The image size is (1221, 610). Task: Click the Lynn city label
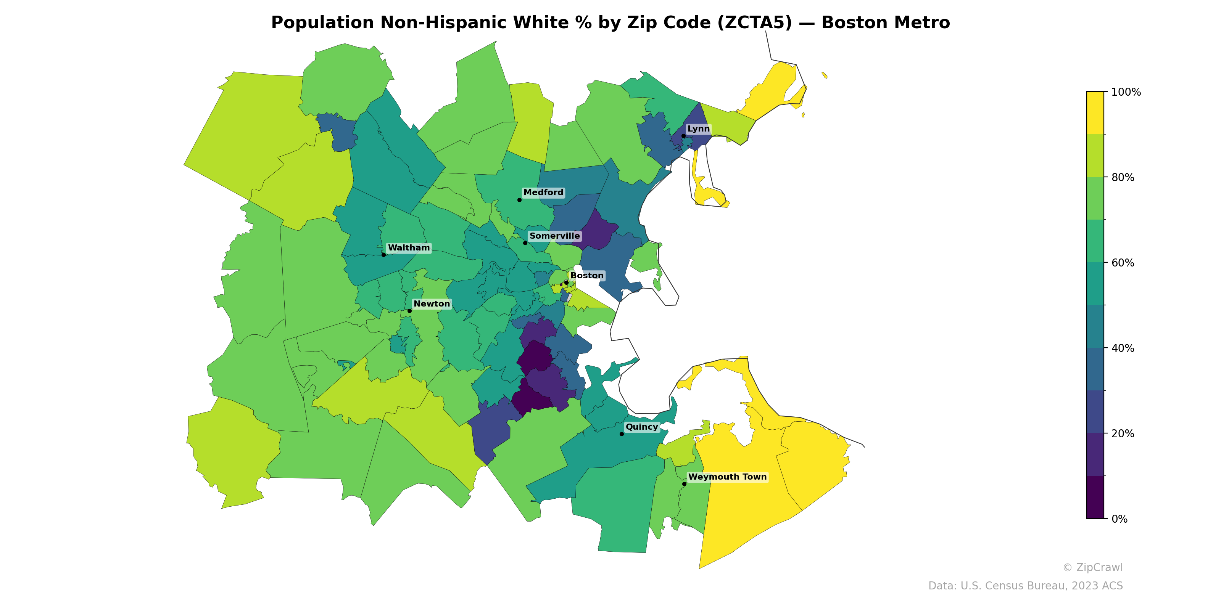pyautogui.click(x=698, y=129)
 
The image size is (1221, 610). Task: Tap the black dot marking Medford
pyautogui.click(x=519, y=200)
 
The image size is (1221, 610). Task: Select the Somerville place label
pyautogui.click(x=554, y=236)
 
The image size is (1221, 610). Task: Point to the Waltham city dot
pyautogui.click(x=383, y=255)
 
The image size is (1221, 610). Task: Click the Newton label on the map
pyautogui.click(x=431, y=303)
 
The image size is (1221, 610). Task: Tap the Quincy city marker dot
pyautogui.click(x=622, y=434)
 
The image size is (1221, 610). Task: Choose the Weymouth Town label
pyautogui.click(x=727, y=477)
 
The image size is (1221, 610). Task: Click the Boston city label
pyautogui.click(x=586, y=276)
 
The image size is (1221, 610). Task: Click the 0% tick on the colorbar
pyautogui.click(x=1119, y=519)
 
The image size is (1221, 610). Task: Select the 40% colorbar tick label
pyautogui.click(x=1123, y=348)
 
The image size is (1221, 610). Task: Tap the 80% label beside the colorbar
pyautogui.click(x=1123, y=178)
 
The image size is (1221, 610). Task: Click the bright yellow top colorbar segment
pyautogui.click(x=1095, y=113)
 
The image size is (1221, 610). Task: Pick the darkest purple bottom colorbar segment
pyautogui.click(x=1095, y=497)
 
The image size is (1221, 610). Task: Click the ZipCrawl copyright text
pyautogui.click(x=1092, y=567)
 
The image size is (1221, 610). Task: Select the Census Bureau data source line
pyautogui.click(x=1025, y=586)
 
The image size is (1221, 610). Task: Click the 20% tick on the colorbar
pyautogui.click(x=1123, y=433)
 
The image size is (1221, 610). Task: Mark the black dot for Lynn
pyautogui.click(x=683, y=136)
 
